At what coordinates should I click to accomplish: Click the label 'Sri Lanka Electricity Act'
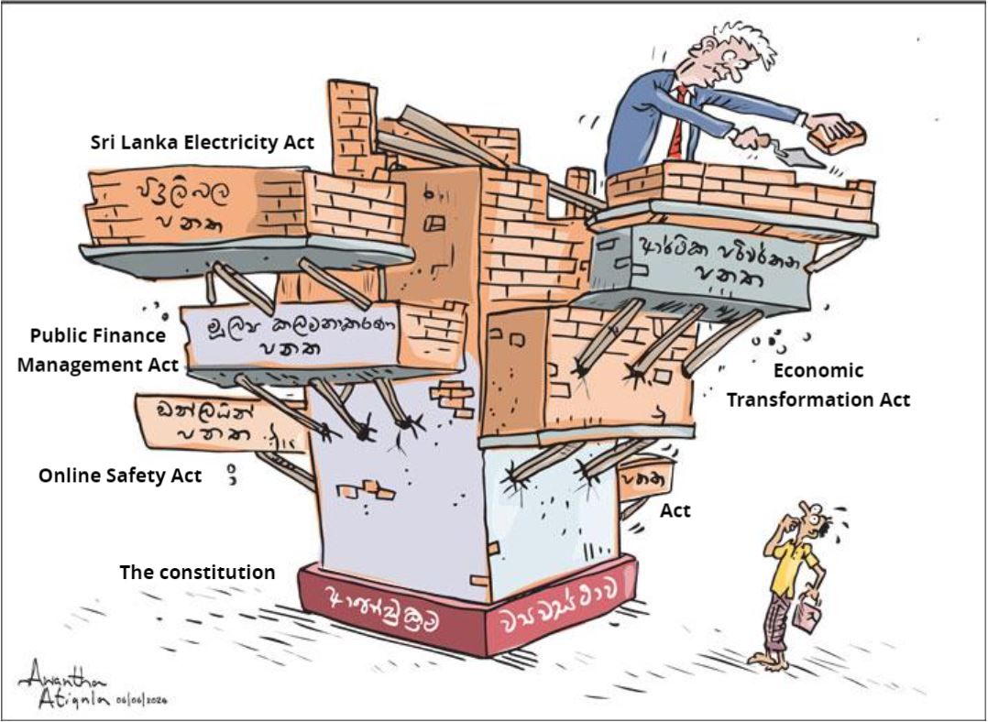(x=203, y=143)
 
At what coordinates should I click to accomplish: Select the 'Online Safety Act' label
(x=120, y=476)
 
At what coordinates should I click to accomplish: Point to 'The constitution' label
(x=197, y=573)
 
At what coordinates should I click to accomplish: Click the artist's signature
(x=64, y=683)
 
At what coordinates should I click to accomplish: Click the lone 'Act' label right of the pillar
(x=675, y=511)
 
